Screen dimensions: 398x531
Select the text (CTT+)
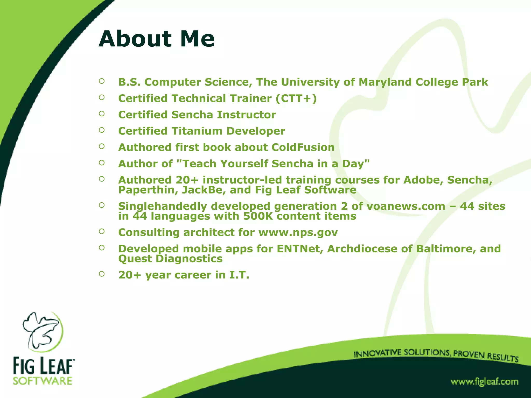(296, 98)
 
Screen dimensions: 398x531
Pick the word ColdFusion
(303, 147)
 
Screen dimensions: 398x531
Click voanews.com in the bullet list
(406, 206)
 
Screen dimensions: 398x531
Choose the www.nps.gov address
(298, 232)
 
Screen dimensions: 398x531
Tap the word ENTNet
(300, 249)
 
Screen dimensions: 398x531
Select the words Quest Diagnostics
(170, 259)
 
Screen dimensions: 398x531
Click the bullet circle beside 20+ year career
(102, 274)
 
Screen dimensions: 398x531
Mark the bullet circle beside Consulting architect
(102, 231)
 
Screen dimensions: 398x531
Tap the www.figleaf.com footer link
(484, 382)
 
